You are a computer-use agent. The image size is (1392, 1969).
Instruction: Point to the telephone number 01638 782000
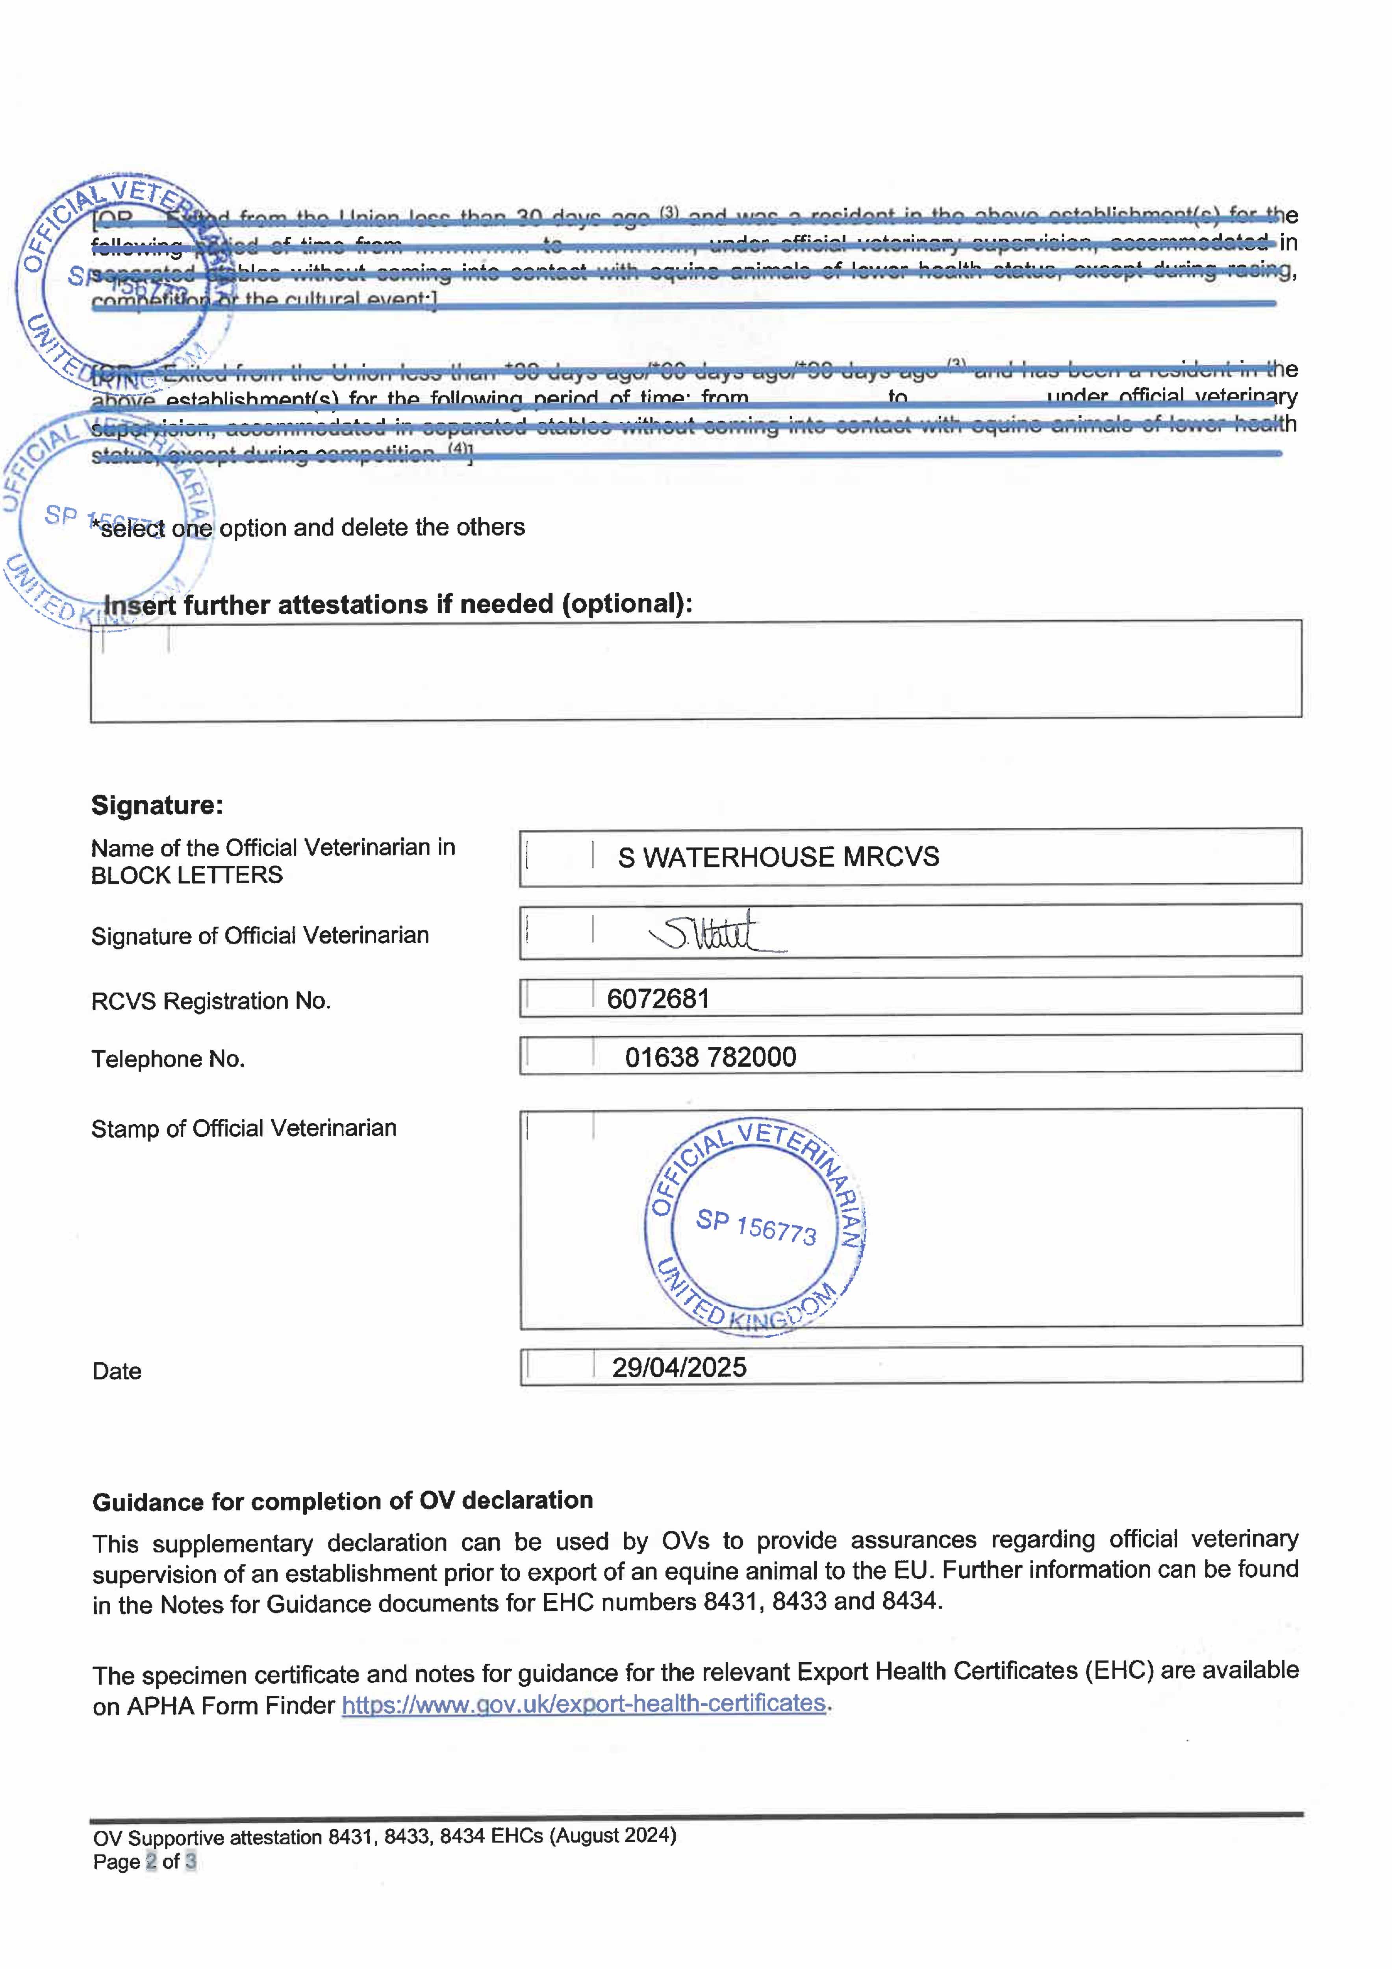710,1057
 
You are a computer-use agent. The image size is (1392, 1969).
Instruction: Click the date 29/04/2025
678,1367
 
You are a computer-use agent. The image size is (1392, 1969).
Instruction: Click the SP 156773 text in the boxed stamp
756,1226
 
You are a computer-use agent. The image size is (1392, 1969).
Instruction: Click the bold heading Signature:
157,805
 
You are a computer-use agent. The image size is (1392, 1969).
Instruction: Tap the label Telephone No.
168,1059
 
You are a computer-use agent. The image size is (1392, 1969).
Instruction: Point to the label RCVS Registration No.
211,1001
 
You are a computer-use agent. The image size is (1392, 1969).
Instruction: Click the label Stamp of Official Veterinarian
244,1128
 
